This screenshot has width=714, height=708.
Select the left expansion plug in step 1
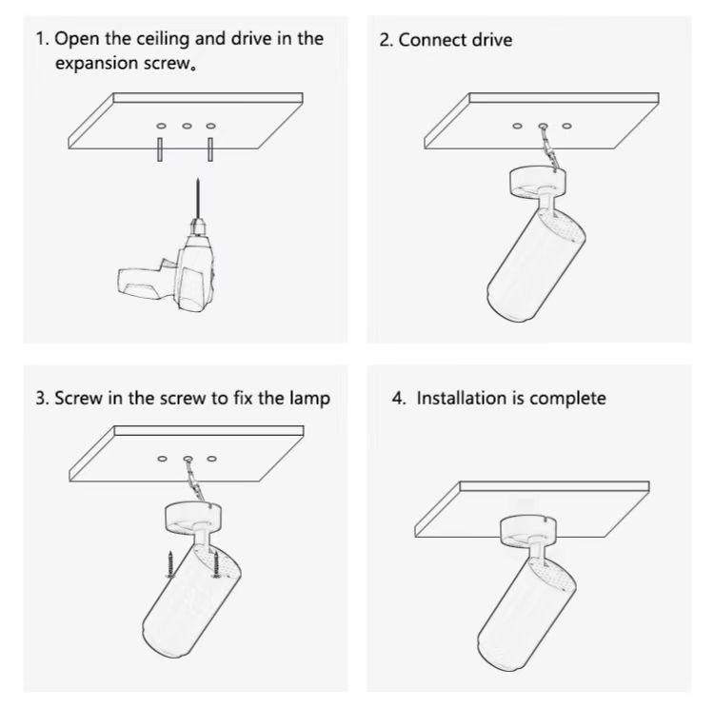click(x=160, y=149)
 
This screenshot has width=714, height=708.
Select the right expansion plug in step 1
click(x=210, y=149)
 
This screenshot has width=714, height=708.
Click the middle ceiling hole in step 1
click(x=186, y=126)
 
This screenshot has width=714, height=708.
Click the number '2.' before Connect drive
click(x=386, y=40)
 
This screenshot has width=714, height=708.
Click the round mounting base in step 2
click(x=538, y=180)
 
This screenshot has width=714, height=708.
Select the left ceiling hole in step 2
click(x=517, y=126)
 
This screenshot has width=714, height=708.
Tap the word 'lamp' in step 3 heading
click(x=309, y=398)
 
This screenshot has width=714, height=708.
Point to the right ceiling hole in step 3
click(x=211, y=460)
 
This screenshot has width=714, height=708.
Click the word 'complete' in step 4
click(x=567, y=398)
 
